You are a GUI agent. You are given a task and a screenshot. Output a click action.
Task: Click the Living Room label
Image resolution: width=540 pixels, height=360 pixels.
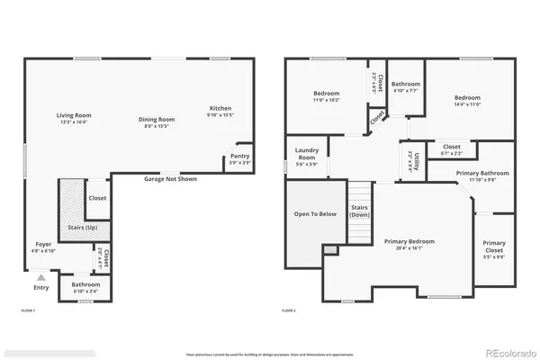coord(74,115)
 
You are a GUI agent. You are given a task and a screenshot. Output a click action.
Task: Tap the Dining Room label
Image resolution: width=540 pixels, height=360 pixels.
coord(154,120)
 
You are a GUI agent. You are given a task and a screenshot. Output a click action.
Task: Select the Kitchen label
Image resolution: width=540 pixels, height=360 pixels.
coord(220,108)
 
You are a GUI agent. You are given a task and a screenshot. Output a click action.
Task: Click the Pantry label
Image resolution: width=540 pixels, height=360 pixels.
coord(239,156)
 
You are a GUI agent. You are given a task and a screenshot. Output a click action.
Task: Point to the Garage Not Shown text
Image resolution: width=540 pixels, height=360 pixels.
coord(170,179)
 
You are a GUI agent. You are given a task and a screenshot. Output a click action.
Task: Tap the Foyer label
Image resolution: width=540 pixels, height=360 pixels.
coord(43,245)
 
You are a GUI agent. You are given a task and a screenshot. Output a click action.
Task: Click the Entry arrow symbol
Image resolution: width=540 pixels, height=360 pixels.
coord(40,277)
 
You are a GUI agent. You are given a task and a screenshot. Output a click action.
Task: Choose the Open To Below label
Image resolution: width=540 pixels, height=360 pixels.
coord(315,214)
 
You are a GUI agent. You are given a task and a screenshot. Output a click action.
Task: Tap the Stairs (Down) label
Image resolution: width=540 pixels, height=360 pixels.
coord(360,211)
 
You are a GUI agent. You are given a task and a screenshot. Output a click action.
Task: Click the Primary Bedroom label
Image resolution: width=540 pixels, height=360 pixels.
coord(409,242)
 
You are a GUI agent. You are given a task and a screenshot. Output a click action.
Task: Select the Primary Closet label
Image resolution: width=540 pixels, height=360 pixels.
coord(493,245)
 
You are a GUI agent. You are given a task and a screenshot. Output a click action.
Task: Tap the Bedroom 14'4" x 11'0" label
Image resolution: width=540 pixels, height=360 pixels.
coord(468,97)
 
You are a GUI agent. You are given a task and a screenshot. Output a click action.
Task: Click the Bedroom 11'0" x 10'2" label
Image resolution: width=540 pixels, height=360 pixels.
coord(326,94)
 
